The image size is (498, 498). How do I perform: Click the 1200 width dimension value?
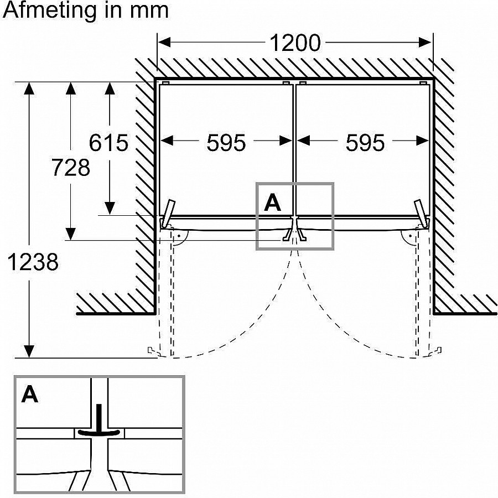coord(294,43)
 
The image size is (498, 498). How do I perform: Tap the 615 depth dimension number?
coord(108,143)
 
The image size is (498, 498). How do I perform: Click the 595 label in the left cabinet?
coord(226,143)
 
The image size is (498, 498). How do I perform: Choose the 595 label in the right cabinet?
coord(365,143)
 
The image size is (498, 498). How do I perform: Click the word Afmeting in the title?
coord(53,11)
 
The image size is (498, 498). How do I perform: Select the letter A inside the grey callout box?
coord(272,203)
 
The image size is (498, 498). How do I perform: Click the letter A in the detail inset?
coord(30,395)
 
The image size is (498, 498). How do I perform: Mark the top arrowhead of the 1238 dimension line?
coord(29,89)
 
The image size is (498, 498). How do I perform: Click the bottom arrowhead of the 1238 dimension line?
coord(29,351)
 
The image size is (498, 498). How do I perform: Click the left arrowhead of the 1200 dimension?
coord(164,42)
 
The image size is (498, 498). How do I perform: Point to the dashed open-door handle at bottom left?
coord(150,350)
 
